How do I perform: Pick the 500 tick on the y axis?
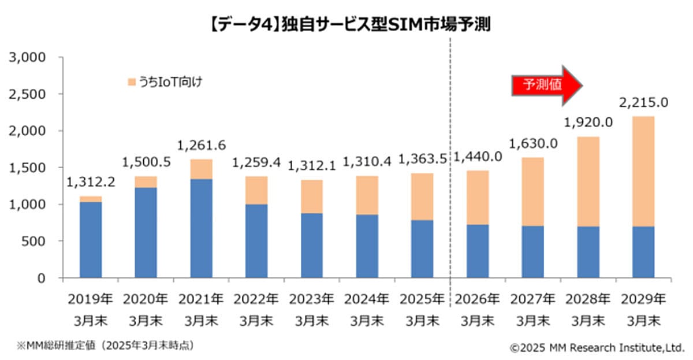click(33, 241)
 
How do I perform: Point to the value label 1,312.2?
click(91, 183)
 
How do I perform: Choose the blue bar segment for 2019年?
click(91, 240)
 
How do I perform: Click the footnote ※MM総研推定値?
click(105, 346)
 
